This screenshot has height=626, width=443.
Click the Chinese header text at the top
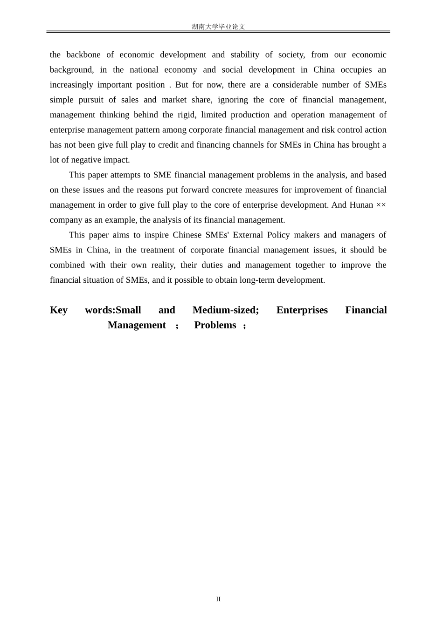(218, 27)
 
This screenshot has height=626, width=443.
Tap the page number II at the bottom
(218, 599)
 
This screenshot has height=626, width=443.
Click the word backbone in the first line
(83, 54)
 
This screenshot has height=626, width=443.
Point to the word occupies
(356, 69)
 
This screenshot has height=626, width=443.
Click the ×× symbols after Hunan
(381, 205)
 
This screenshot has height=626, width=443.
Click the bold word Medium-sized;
(226, 310)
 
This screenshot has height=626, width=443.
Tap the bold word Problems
(215, 325)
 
